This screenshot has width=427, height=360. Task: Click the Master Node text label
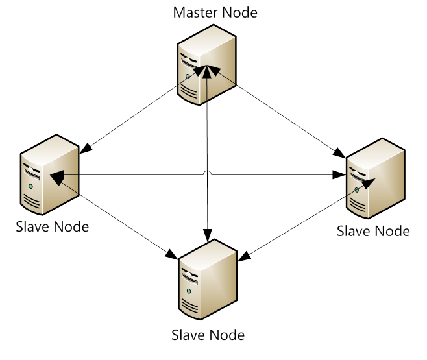[215, 12]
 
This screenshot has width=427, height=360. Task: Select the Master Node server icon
[207, 65]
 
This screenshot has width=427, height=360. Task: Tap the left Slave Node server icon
[49, 174]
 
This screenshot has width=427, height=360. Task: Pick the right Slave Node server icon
[376, 178]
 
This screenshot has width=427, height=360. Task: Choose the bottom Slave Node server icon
[208, 279]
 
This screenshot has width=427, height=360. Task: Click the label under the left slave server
[53, 226]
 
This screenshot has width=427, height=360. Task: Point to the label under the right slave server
[373, 231]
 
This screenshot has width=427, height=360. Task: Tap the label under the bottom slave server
[208, 335]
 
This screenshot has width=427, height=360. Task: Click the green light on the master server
[188, 77]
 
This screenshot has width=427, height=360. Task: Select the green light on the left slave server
[30, 186]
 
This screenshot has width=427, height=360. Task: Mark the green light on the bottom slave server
[189, 291]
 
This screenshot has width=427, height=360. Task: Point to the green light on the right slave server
[356, 190]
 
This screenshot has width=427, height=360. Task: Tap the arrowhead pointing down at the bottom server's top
[208, 235]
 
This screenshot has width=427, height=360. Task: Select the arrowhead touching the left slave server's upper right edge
[86, 149]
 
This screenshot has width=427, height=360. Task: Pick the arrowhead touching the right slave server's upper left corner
[339, 153]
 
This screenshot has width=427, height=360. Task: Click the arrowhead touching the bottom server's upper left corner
[171, 254]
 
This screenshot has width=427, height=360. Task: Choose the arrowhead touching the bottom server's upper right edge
[244, 256]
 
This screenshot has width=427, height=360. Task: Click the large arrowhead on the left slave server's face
[57, 178]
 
